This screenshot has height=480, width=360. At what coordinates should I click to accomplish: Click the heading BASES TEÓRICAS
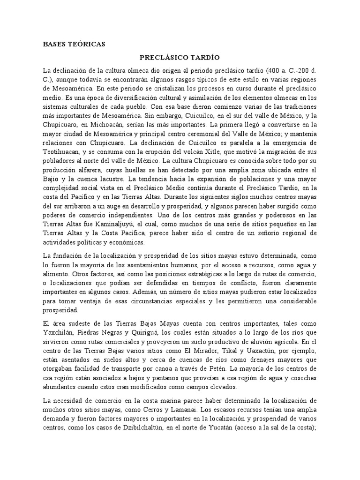[x=74, y=45]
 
